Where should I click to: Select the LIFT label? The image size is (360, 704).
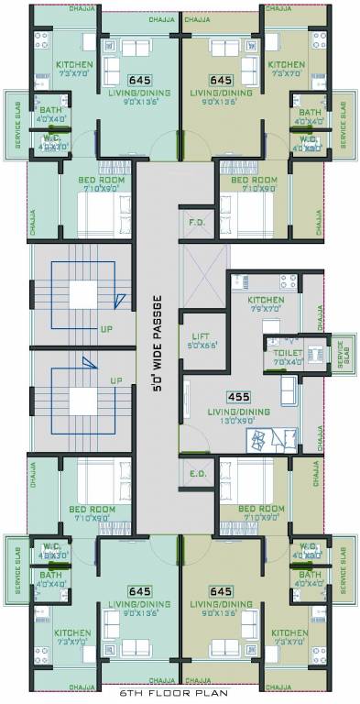(201, 336)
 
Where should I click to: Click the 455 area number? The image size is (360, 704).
(238, 397)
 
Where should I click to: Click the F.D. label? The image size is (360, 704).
(197, 223)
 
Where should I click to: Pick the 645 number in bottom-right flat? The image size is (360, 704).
(220, 592)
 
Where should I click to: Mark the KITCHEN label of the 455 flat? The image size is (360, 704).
(266, 301)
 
